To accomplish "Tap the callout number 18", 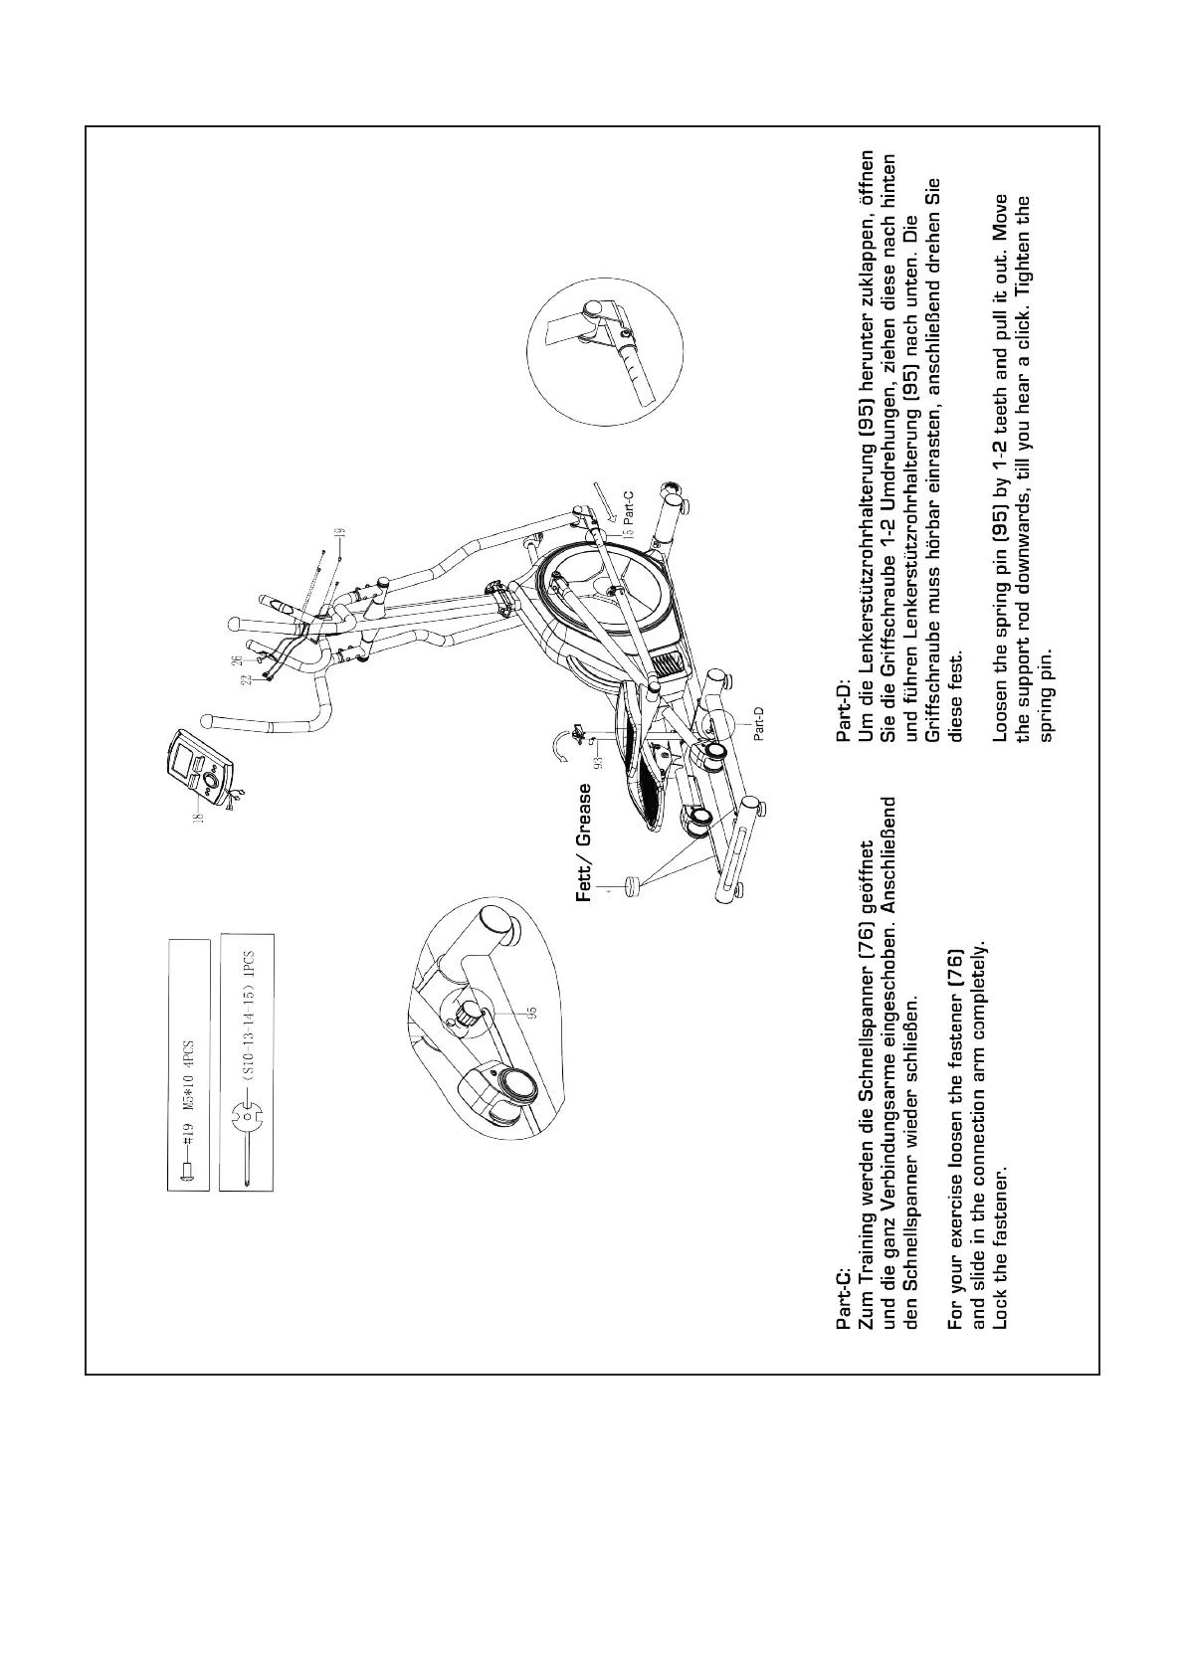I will point(197,817).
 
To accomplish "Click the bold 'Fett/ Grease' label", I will point(585,842).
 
